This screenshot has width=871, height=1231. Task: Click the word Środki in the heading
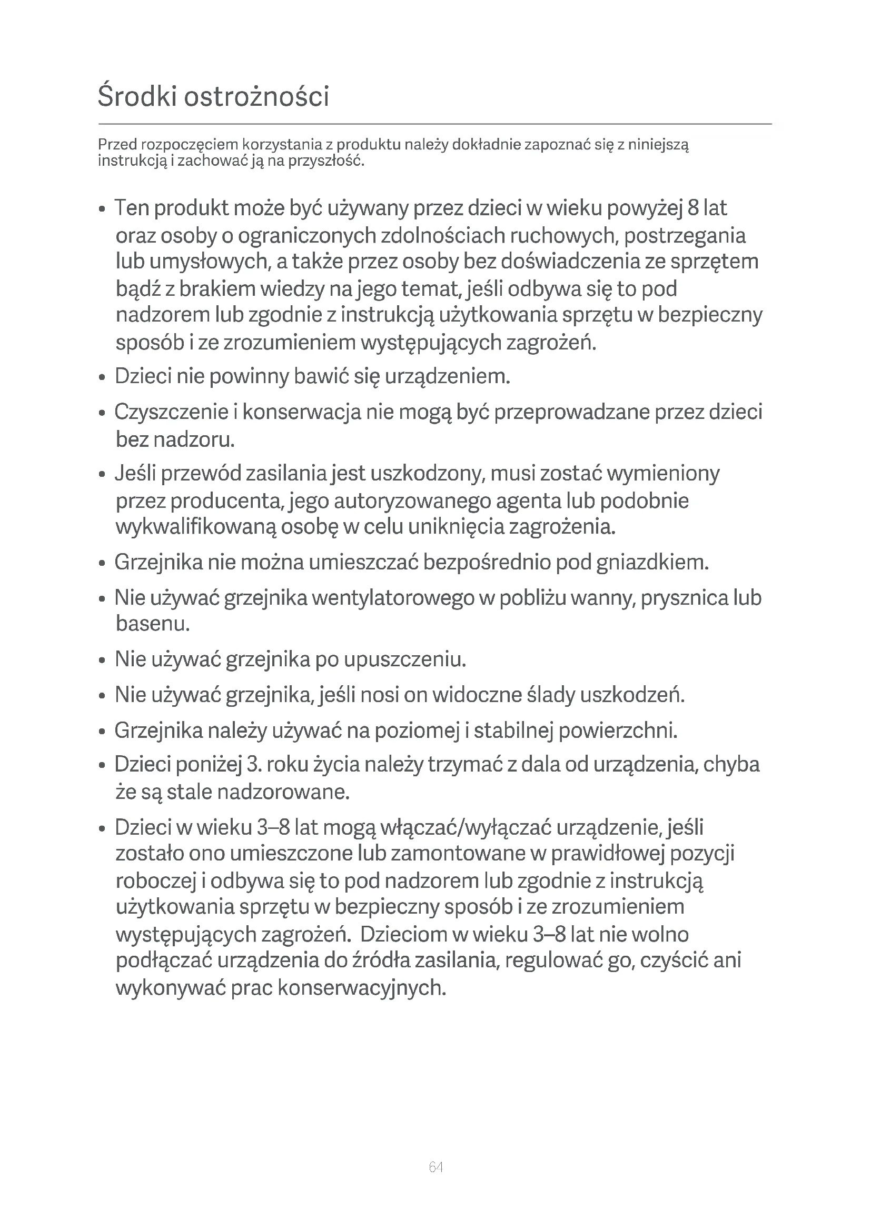coord(137,97)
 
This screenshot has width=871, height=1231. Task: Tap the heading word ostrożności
coord(256,97)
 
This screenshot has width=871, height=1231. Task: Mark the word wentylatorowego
coord(393,598)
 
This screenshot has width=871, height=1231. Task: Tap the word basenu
coord(153,624)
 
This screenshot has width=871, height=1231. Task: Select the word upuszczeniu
coord(405,659)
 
